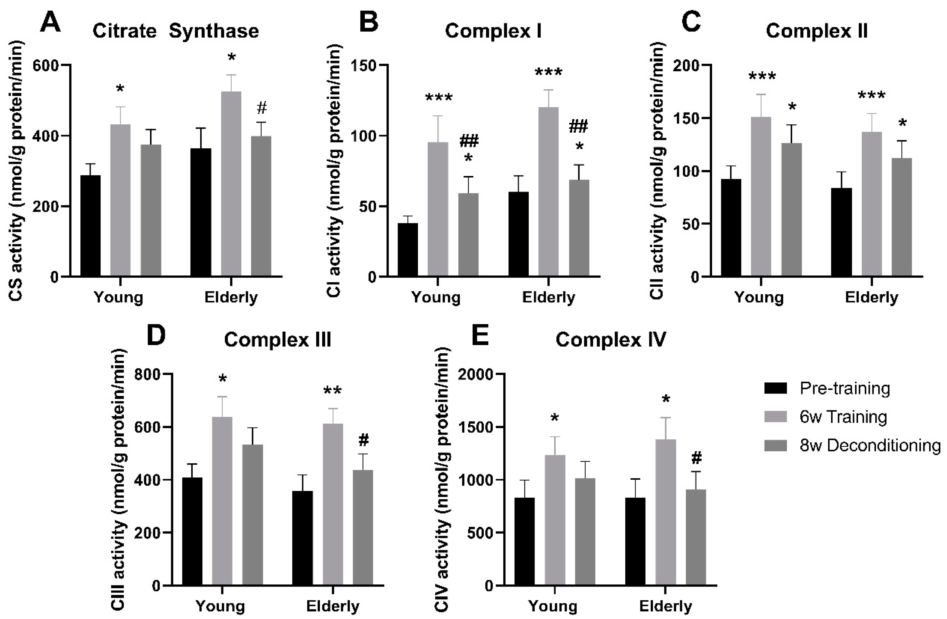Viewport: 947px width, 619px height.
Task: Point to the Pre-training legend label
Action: [x=845, y=388]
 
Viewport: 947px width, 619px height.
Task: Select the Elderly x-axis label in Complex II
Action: [x=871, y=297]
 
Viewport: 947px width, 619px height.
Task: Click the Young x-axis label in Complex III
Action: [x=220, y=606]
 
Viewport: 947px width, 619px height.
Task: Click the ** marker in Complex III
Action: [x=332, y=390]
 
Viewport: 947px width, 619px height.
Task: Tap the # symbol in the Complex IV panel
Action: [x=696, y=458]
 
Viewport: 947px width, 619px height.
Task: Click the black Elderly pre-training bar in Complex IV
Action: [x=636, y=541]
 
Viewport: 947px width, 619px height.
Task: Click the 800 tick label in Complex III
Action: [x=148, y=374]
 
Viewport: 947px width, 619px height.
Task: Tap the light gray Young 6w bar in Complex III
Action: [x=222, y=501]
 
